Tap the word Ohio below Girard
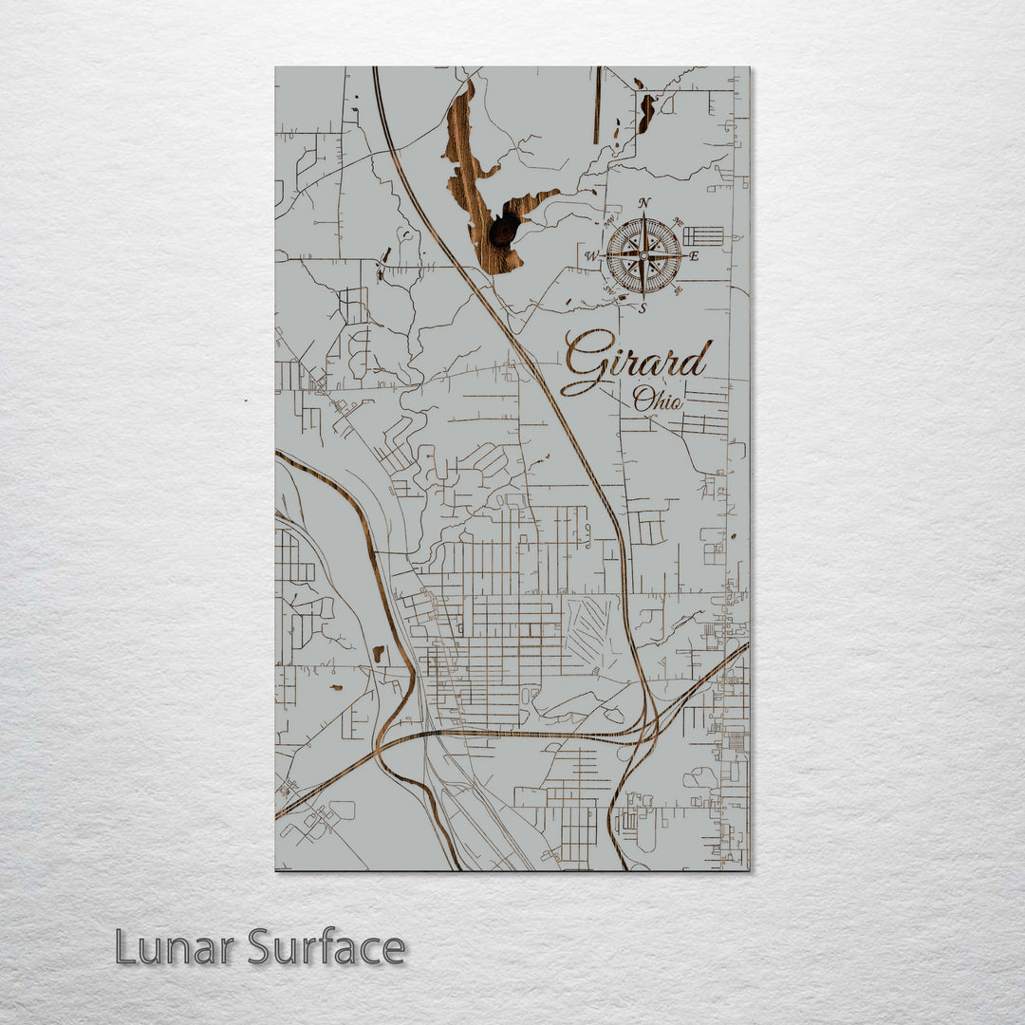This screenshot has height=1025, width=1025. [658, 400]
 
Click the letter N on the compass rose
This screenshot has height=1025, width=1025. [644, 203]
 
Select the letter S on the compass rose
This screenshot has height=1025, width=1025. [643, 307]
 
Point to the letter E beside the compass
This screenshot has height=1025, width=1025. [694, 256]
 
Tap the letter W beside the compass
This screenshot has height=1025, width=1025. [590, 256]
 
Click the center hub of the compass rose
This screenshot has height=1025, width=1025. [643, 255]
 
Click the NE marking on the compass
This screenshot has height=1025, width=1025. [676, 223]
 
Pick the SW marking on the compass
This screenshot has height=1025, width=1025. [609, 290]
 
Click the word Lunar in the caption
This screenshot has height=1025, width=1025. [175, 947]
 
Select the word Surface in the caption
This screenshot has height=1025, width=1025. [326, 947]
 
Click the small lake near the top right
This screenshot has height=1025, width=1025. [646, 112]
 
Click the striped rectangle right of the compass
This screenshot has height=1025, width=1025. [703, 236]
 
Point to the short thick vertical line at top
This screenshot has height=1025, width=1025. [597, 104]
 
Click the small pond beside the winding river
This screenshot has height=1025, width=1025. [378, 653]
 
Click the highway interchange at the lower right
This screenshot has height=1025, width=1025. [645, 731]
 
